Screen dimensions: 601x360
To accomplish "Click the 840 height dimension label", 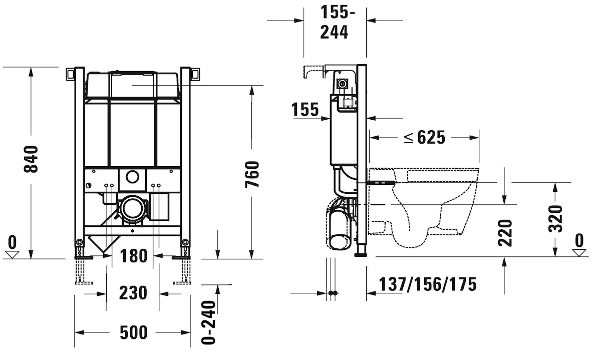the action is click(x=31, y=159).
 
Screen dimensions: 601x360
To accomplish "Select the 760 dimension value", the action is click(x=252, y=174).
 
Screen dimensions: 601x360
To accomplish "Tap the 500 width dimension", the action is click(x=134, y=332).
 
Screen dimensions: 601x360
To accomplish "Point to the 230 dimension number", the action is click(x=133, y=293).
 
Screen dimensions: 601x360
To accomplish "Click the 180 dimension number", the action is click(x=134, y=256).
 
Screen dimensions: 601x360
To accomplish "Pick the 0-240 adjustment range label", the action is click(x=208, y=322).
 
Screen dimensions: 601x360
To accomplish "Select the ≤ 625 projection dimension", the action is click(x=425, y=138).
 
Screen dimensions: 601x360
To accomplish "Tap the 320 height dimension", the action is click(x=555, y=219).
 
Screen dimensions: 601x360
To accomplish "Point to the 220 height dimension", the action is click(x=505, y=233).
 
